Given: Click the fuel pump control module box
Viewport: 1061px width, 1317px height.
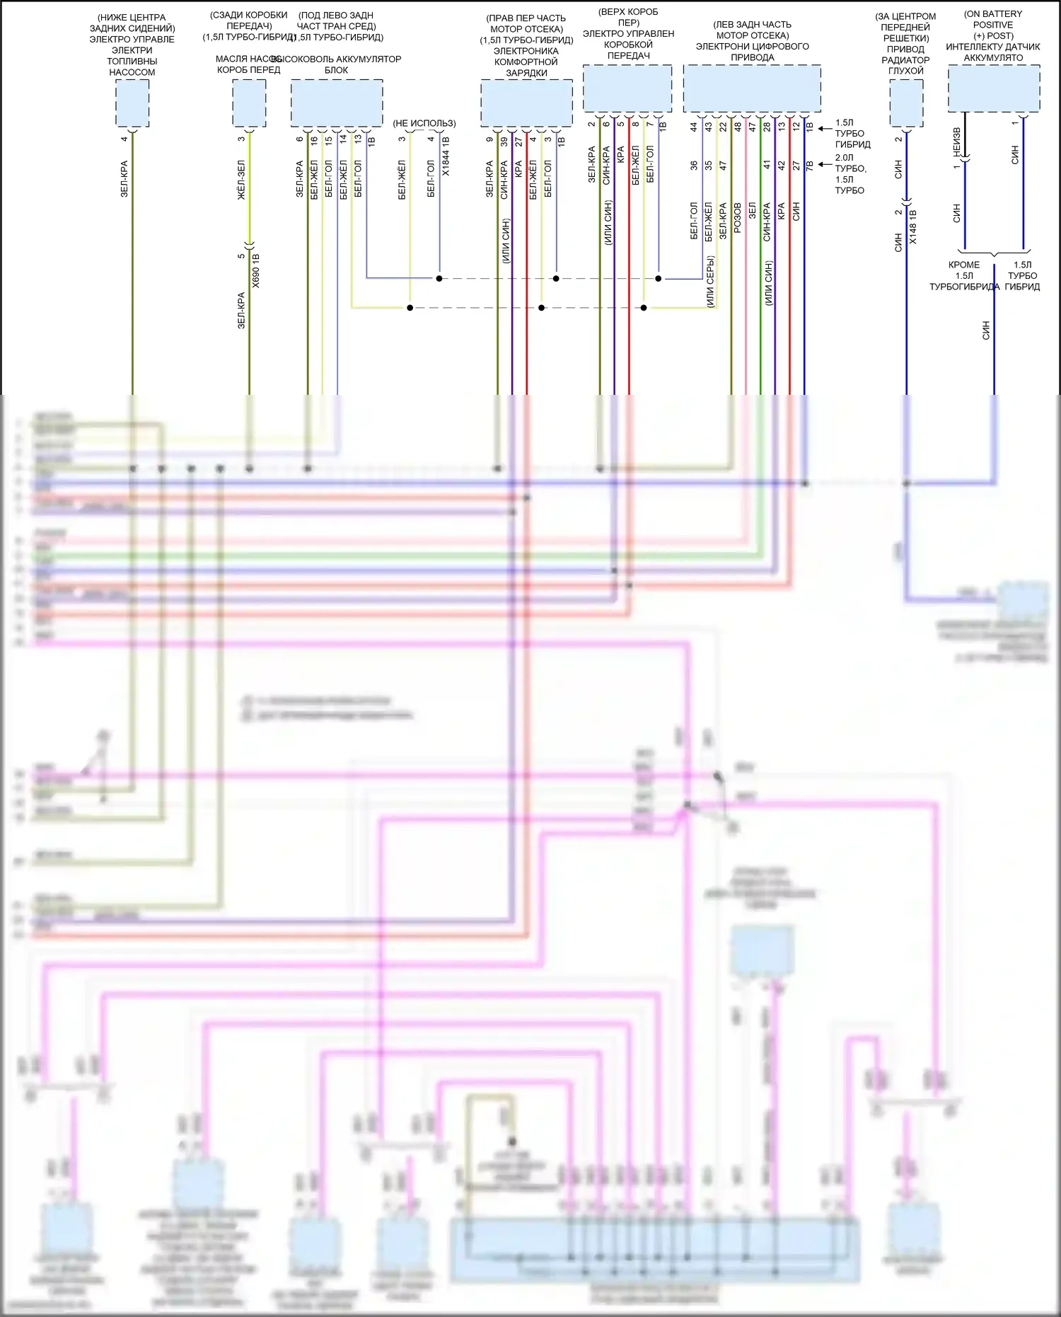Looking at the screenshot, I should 132,103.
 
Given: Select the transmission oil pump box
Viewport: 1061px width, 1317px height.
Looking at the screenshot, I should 249,103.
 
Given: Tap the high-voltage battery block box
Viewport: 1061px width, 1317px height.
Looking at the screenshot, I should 337,103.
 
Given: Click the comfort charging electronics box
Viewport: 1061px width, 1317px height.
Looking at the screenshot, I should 526,103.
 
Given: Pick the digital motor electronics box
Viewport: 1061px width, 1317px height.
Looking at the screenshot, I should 752,88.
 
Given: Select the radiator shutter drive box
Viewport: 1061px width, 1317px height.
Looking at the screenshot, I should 906,103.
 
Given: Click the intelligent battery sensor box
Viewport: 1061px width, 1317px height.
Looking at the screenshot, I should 994,88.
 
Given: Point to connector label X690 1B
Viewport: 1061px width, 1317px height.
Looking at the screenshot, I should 256,270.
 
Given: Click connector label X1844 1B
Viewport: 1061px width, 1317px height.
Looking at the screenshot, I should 446,156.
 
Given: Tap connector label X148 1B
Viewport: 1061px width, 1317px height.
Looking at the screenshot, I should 912,226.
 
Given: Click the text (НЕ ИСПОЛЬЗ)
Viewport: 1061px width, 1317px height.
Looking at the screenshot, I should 424,123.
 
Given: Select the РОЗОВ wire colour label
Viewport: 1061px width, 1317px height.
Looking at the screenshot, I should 738,218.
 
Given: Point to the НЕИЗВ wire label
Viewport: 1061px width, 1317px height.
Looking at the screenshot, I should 956,142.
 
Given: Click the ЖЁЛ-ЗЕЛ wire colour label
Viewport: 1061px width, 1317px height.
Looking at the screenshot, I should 241,180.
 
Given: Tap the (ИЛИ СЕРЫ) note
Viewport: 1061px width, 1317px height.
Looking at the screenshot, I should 711,281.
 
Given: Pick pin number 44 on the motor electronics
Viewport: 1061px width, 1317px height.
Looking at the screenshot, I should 694,127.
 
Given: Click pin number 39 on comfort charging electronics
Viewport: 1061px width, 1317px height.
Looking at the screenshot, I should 504,142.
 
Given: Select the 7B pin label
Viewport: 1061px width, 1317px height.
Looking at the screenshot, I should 810,166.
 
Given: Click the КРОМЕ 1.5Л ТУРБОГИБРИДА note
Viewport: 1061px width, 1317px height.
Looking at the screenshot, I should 964,276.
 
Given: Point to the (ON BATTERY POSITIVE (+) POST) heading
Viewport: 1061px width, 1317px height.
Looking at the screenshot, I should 993,25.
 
